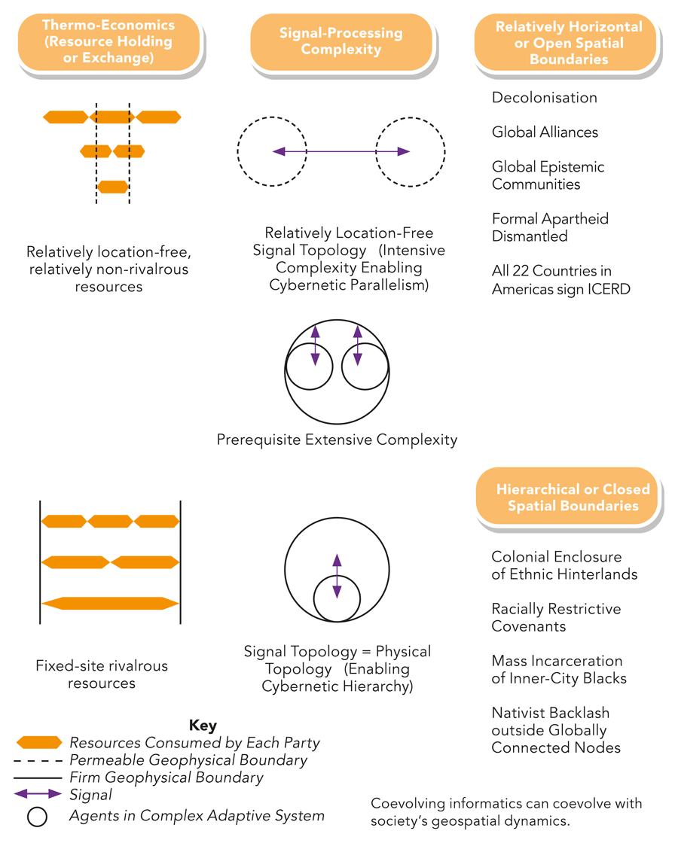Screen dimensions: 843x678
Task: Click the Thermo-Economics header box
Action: point(108,41)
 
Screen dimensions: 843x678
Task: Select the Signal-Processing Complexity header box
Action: point(341,41)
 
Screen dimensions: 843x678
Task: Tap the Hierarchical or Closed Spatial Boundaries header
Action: point(568,498)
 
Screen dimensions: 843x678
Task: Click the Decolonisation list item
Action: point(544,98)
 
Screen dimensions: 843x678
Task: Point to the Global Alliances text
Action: point(545,132)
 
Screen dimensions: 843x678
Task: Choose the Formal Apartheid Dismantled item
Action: point(550,227)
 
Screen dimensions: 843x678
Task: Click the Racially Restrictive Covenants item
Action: point(556,617)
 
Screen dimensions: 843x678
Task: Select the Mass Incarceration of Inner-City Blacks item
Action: point(558,669)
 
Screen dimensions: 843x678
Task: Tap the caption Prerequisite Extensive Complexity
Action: point(337,440)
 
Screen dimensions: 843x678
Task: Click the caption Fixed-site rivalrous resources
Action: point(102,674)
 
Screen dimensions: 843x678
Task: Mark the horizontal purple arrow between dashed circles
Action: point(341,151)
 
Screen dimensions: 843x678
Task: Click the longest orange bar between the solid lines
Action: point(110,603)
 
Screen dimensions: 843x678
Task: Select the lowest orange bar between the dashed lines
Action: point(113,187)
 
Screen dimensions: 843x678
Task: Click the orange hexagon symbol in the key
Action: point(38,743)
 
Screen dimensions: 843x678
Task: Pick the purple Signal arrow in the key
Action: point(38,794)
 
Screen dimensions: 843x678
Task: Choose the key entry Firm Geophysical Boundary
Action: point(166,778)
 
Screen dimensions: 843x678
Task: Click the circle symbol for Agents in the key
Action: point(38,816)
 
